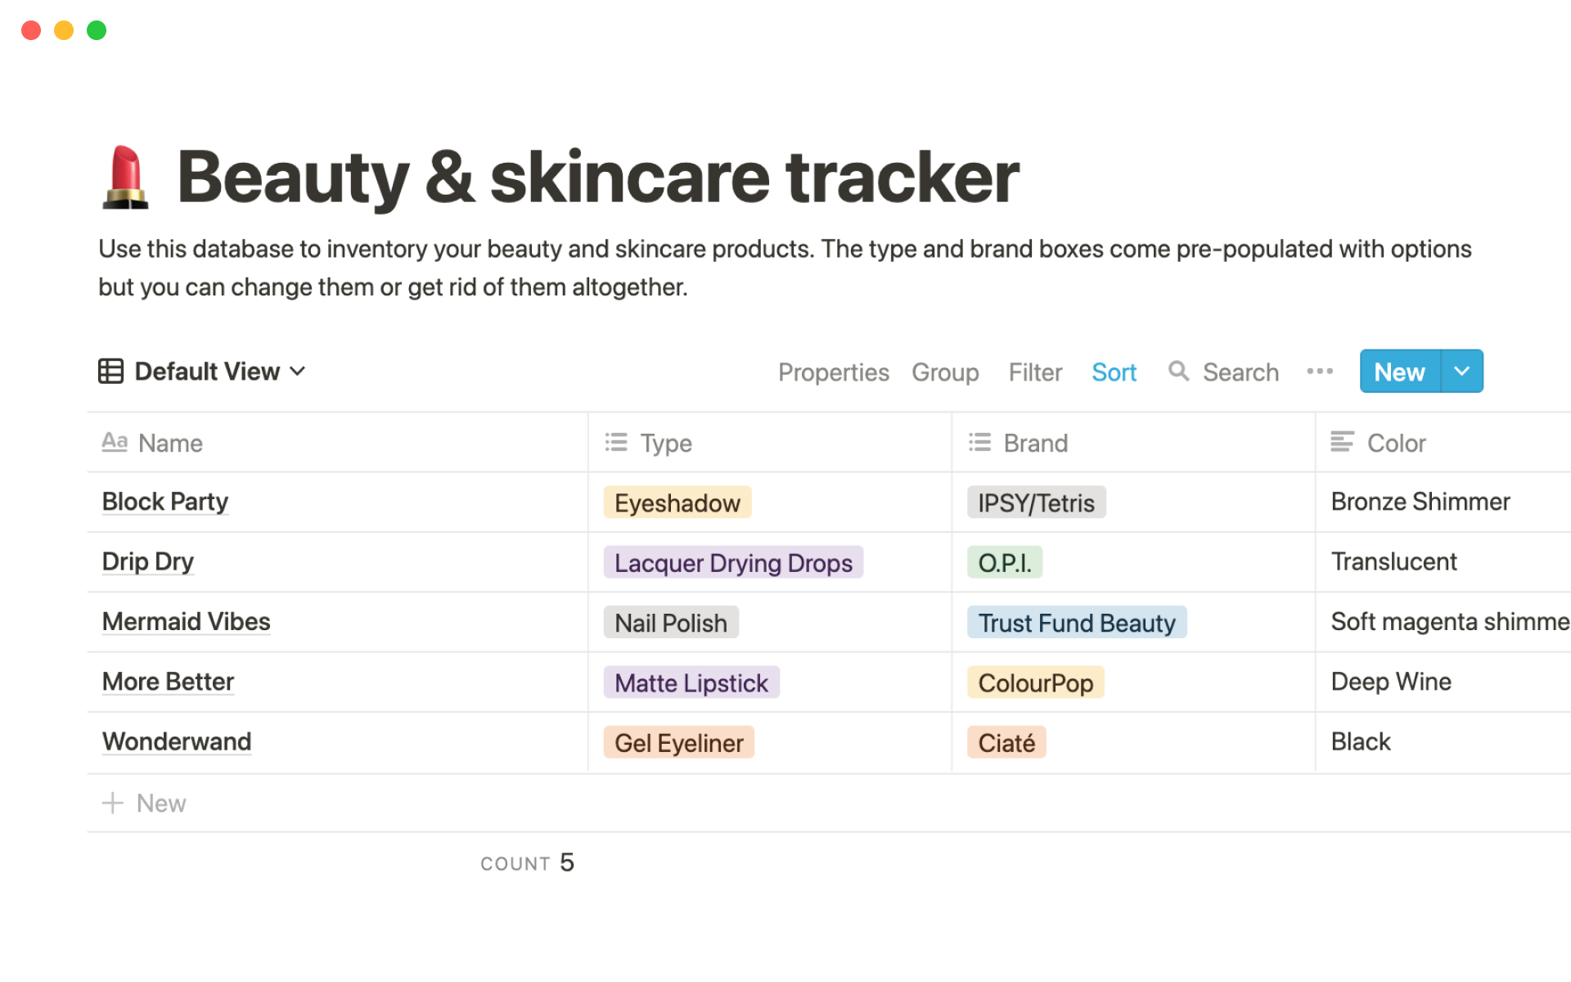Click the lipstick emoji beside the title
coord(125,177)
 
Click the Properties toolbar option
coord(833,372)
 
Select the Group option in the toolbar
coord(945,372)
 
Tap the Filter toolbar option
coord(1035,372)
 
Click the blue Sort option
coord(1114,372)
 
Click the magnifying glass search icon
coord(1178,371)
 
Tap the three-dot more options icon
coord(1320,372)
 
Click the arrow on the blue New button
coord(1462,372)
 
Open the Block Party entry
coord(165,502)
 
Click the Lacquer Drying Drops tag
coord(733,563)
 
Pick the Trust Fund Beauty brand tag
coord(1077,623)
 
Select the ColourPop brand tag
coord(1036,682)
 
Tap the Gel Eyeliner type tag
coord(679,743)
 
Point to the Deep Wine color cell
coord(1391,682)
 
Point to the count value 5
coord(567,863)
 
